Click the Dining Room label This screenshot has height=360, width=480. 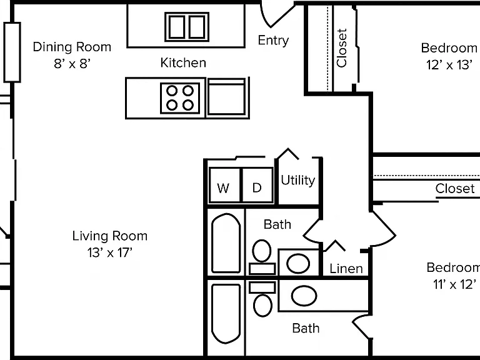click(72, 47)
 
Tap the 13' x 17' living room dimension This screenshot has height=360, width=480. click(110, 253)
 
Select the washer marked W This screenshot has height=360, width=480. click(224, 185)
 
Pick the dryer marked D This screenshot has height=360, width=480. click(257, 185)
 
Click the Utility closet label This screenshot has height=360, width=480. click(298, 180)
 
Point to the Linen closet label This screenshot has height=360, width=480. click(346, 269)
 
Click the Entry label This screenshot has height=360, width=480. click(273, 41)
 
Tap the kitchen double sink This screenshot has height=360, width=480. click(187, 27)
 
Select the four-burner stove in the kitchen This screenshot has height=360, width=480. click(180, 98)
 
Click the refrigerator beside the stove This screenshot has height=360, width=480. click(226, 97)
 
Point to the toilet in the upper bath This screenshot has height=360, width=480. click(262, 257)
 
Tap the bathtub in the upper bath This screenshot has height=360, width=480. click(226, 243)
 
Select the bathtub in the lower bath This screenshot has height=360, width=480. click(226, 314)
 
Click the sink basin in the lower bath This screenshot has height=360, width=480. click(304, 296)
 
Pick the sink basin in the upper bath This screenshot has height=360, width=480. click(298, 263)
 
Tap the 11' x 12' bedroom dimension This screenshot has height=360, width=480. click(455, 284)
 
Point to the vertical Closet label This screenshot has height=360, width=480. click(342, 47)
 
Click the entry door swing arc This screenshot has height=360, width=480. click(264, 17)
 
